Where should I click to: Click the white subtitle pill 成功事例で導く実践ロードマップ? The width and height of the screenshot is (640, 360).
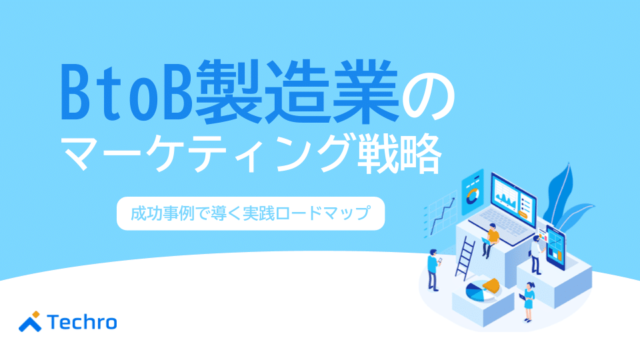(x=251, y=213)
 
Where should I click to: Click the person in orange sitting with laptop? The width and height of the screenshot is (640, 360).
(x=491, y=239)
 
